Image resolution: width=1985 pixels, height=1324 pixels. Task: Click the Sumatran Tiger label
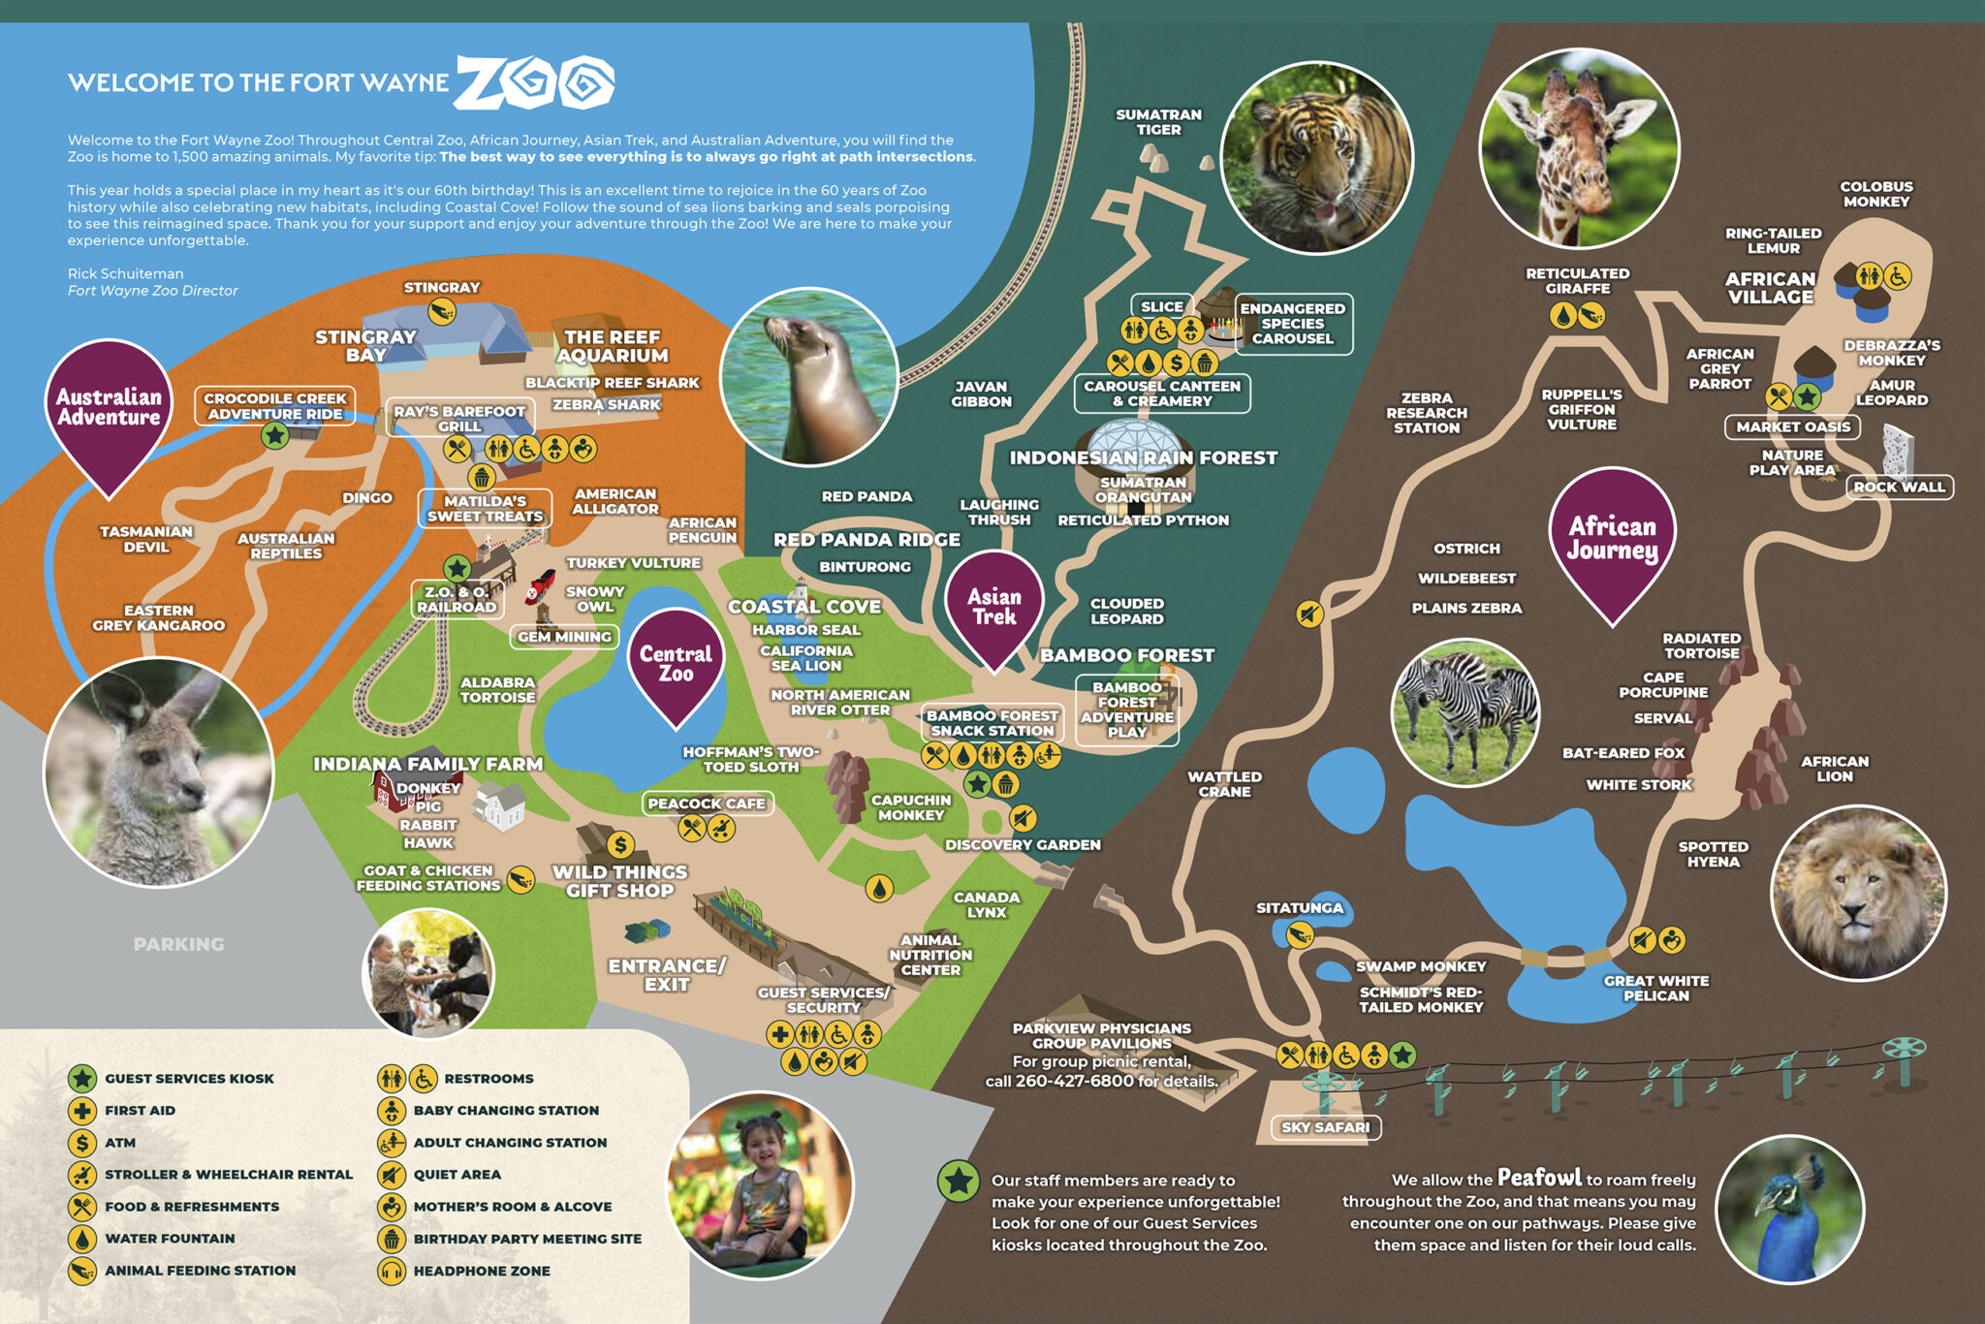tap(1158, 122)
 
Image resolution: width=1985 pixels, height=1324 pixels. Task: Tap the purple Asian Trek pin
tap(994, 606)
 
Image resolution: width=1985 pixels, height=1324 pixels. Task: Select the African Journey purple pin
tap(1612, 538)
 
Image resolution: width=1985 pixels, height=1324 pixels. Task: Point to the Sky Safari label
tap(1325, 1127)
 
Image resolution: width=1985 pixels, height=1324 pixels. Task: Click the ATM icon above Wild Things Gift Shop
tap(620, 844)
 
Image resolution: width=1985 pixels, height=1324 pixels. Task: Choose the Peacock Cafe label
tap(707, 804)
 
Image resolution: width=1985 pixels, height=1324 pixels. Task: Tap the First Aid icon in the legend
tap(82, 1110)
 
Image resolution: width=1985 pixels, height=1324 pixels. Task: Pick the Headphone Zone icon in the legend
tap(392, 1271)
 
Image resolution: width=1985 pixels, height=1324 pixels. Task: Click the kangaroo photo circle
tap(159, 772)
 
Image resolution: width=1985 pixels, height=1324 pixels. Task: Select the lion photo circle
tap(1857, 892)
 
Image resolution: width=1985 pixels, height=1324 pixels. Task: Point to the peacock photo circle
tap(1790, 1210)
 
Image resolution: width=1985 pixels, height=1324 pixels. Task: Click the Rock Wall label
tap(1899, 487)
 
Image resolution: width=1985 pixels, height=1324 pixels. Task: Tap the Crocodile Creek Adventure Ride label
tap(275, 406)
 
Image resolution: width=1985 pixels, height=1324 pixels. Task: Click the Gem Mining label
tap(564, 637)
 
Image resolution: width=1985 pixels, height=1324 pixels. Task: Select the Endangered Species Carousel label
tap(1293, 324)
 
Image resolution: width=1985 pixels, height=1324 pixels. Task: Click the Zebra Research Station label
tap(1427, 413)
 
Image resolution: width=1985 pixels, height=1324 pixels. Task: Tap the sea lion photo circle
tap(810, 376)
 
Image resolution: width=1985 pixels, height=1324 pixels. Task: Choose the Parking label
tap(178, 944)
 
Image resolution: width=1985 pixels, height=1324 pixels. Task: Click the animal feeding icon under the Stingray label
tap(442, 312)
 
